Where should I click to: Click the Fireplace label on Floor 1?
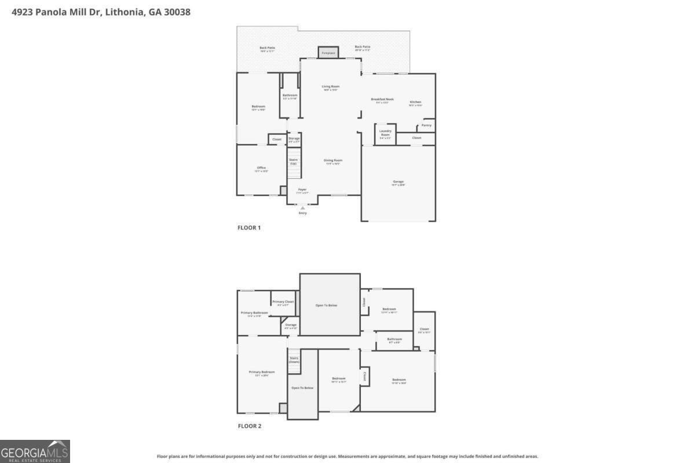[x=328, y=53]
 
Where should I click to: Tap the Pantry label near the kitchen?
[x=426, y=125]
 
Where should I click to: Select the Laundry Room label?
[x=386, y=133]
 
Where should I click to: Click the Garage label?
[x=398, y=182]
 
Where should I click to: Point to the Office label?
[x=261, y=168]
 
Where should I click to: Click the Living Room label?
[x=331, y=87]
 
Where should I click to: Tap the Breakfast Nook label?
[x=382, y=100]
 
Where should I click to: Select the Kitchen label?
[x=415, y=102]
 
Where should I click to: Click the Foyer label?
[x=302, y=189]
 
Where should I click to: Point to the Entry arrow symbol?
[x=302, y=208]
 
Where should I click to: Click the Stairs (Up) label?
[x=293, y=161]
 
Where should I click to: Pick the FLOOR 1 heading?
[x=249, y=228]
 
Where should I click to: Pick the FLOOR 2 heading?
[x=250, y=427]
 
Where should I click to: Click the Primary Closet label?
[x=283, y=302]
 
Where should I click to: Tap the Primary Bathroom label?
[x=254, y=313]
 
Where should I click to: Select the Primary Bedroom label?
[x=262, y=372]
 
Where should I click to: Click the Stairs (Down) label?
[x=294, y=359]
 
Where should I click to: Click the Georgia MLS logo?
[x=35, y=451]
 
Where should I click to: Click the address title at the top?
[x=101, y=12]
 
